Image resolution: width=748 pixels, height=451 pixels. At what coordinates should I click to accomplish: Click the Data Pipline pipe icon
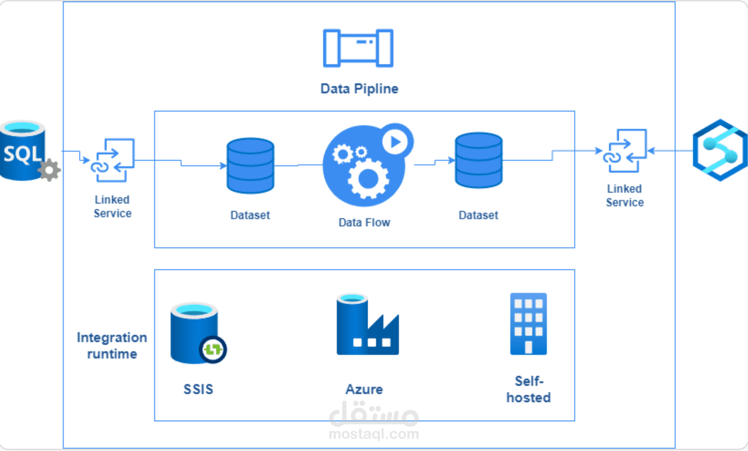pos(358,48)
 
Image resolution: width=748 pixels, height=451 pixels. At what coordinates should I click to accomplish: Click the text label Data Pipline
pos(359,89)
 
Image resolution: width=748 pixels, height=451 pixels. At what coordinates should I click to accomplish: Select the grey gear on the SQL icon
pos(50,170)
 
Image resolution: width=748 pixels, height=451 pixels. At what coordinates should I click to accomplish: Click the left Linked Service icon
pos(113,160)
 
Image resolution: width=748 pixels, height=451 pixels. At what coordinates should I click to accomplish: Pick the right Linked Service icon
pos(625,151)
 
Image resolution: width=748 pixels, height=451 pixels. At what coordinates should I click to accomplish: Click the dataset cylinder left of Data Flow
pos(250,166)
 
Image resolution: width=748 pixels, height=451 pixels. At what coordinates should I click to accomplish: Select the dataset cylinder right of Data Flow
pos(479,160)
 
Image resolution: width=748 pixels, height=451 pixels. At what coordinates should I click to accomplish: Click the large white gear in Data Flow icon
pos(368,178)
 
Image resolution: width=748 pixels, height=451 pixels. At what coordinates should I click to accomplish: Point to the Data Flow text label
pos(364,223)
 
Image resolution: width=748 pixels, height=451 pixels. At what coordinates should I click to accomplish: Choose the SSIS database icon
pos(195,333)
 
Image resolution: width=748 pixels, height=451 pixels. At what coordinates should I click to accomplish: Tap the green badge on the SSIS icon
pos(213,349)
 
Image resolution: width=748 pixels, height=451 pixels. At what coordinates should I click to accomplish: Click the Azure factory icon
pos(367,325)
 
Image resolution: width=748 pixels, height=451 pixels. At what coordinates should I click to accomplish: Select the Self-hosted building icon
pos(528,324)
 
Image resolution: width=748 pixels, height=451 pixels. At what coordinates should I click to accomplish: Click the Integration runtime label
pos(112,345)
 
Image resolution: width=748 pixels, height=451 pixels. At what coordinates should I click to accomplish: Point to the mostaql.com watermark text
pos(374,434)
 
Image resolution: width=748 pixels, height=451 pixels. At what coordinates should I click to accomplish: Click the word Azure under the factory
pos(364,389)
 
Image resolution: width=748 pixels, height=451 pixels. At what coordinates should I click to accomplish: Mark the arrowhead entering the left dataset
pos(224,166)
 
